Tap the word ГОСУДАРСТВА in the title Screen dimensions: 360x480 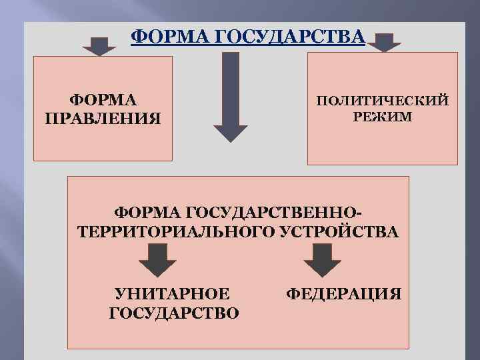(x=280, y=36)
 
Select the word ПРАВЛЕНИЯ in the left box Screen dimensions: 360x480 (x=103, y=119)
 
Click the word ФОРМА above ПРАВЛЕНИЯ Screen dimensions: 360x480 (x=103, y=101)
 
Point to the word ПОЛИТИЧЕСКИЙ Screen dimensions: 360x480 (x=383, y=101)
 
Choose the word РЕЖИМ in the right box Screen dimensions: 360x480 (x=383, y=117)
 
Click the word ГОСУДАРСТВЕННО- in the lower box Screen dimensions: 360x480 (x=281, y=213)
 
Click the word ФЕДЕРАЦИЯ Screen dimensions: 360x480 (x=343, y=293)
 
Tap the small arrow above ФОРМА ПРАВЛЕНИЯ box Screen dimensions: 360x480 (x=99, y=46)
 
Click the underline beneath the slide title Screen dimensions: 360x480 (x=248, y=44)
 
